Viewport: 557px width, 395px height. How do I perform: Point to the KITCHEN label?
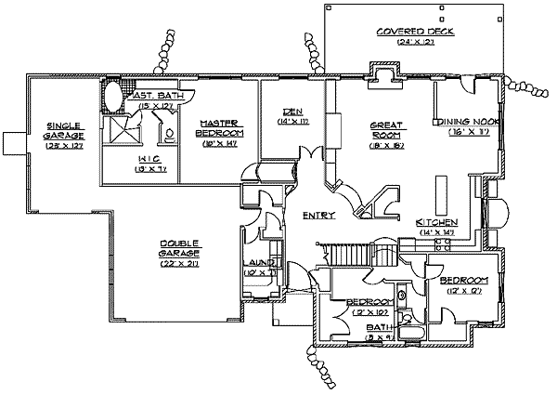pos(435,223)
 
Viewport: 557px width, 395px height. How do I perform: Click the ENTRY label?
pos(318,216)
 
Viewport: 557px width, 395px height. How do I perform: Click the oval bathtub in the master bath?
pos(110,96)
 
